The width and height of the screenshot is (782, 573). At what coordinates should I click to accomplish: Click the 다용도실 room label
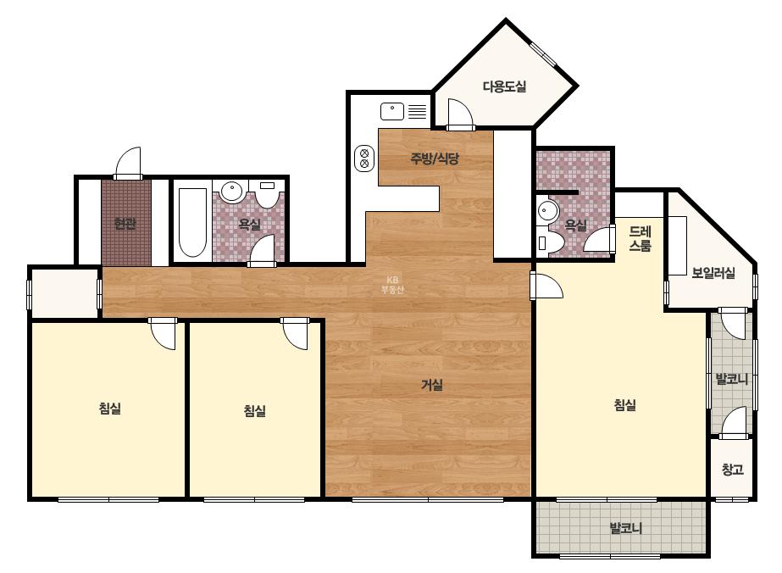[x=504, y=86]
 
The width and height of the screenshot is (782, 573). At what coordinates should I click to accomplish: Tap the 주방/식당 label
[x=435, y=159]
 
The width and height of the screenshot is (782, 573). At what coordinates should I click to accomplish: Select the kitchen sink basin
[x=392, y=111]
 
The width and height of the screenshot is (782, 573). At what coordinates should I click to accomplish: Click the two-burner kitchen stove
[x=364, y=159]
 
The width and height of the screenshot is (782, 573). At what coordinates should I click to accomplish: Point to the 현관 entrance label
[x=125, y=224]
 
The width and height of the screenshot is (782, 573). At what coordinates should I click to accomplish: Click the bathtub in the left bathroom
[x=192, y=223]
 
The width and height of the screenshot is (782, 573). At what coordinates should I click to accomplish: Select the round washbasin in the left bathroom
[x=231, y=192]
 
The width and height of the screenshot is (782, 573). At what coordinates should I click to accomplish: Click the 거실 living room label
[x=432, y=385]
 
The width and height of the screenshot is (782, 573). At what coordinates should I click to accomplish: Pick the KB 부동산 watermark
[x=392, y=285]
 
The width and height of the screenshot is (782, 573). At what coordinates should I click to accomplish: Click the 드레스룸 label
[x=640, y=238]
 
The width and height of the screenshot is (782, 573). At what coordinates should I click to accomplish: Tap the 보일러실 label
[x=713, y=273]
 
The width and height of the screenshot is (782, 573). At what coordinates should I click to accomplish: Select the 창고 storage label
[x=733, y=470]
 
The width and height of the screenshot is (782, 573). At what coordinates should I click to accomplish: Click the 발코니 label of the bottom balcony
[x=625, y=528]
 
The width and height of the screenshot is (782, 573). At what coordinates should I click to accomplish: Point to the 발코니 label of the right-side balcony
[x=732, y=380]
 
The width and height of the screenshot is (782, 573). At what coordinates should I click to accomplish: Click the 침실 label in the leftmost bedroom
[x=110, y=409]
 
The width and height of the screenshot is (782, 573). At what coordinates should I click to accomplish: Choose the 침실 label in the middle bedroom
[x=254, y=411]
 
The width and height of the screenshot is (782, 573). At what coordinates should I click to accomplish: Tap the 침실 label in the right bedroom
[x=624, y=405]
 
